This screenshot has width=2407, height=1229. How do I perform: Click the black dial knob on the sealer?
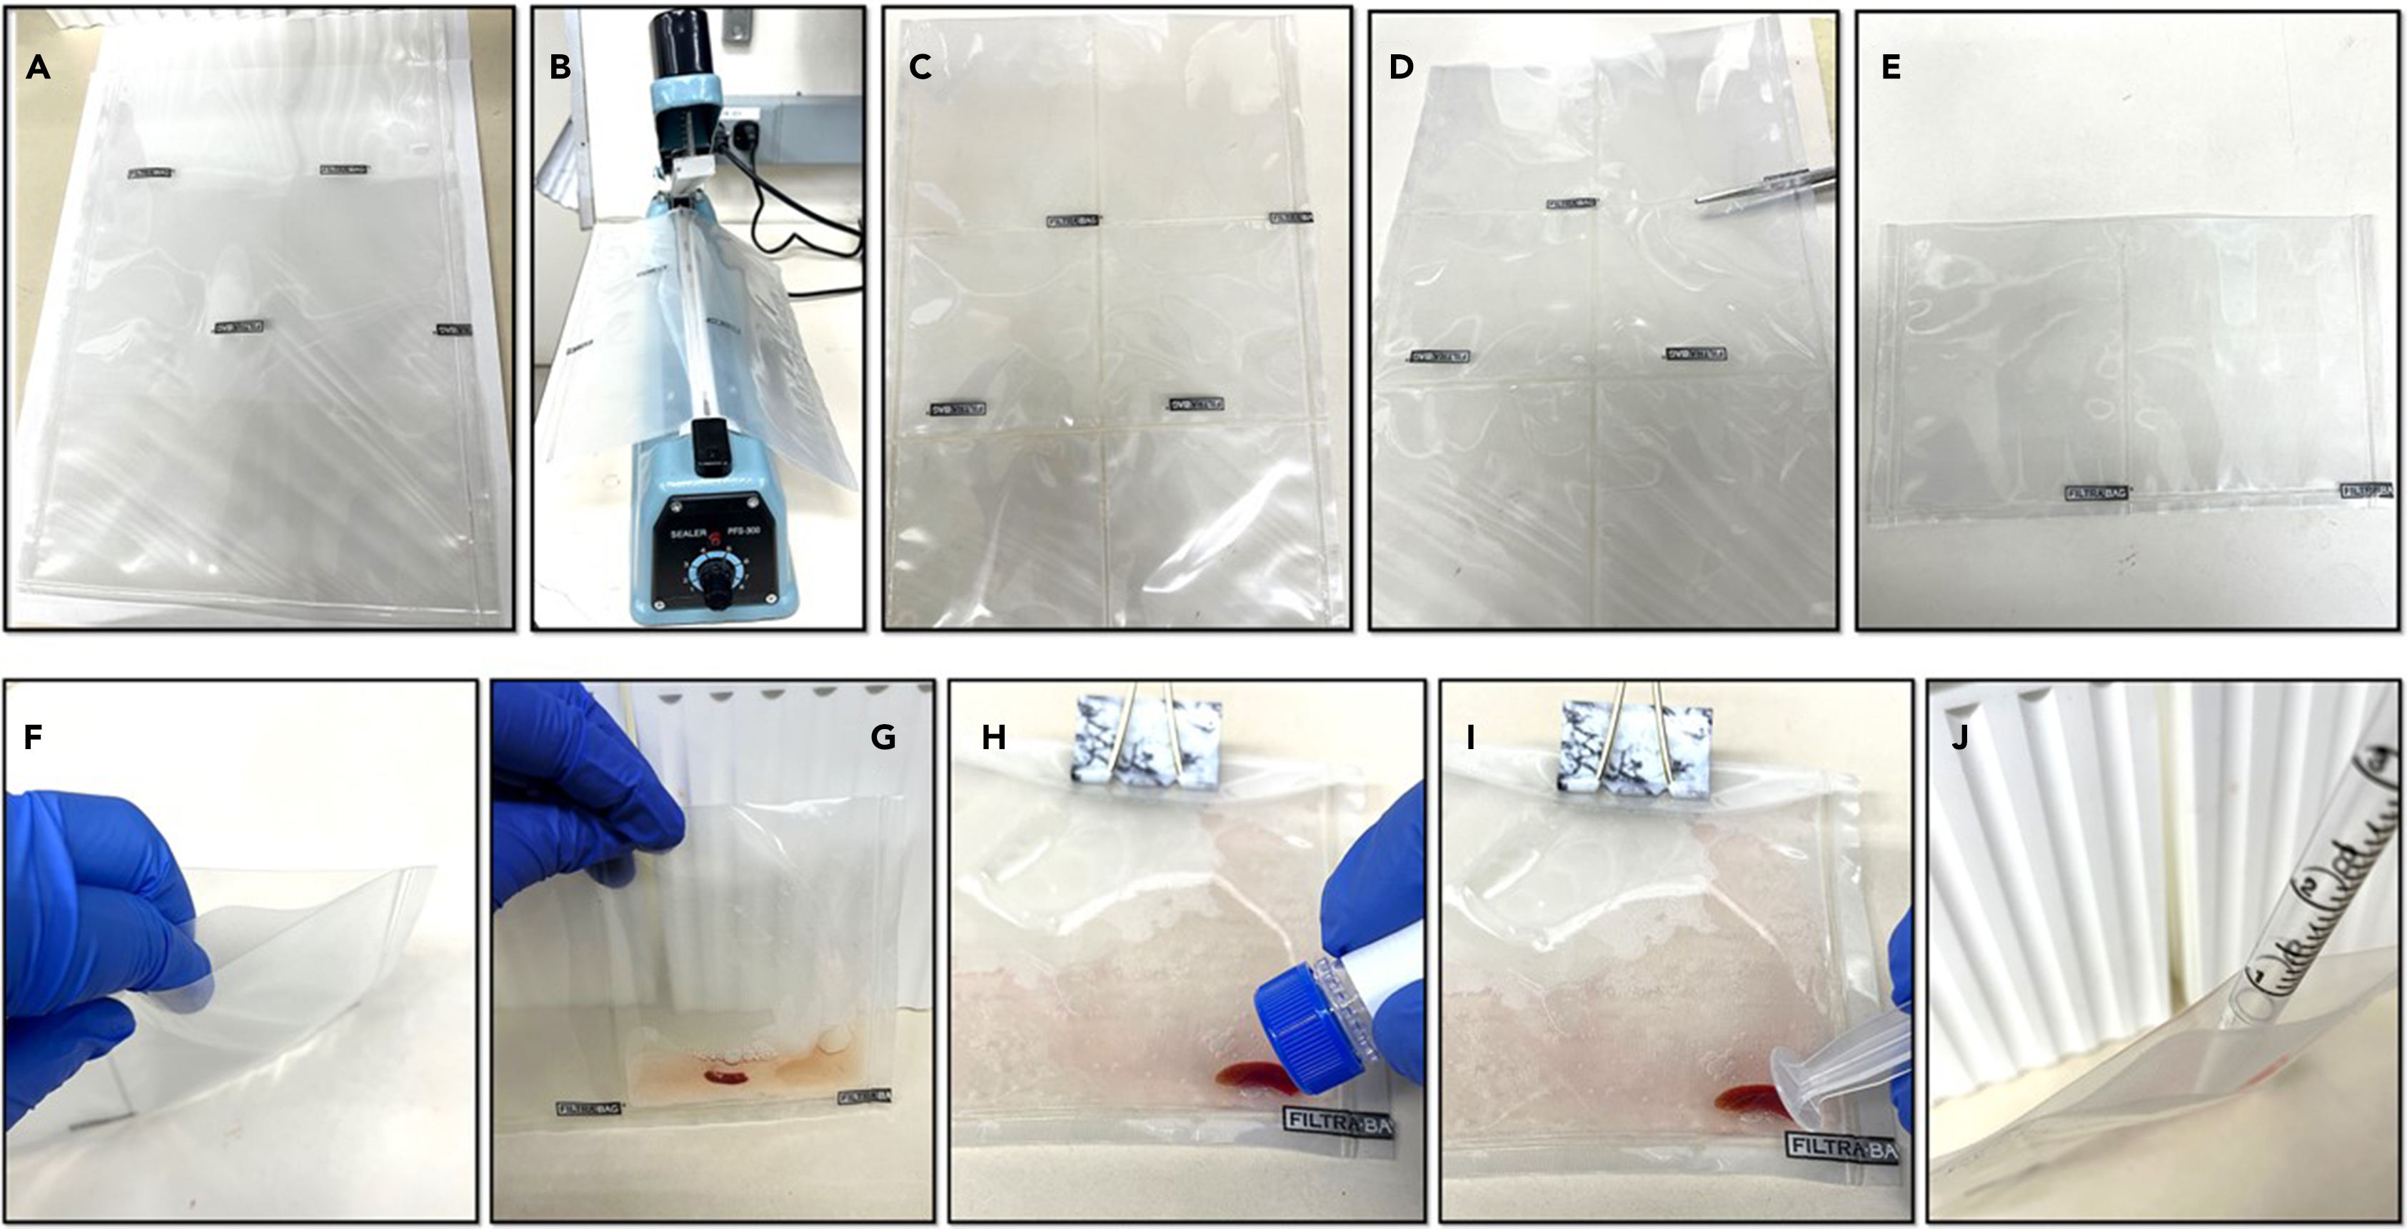tap(718, 587)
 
